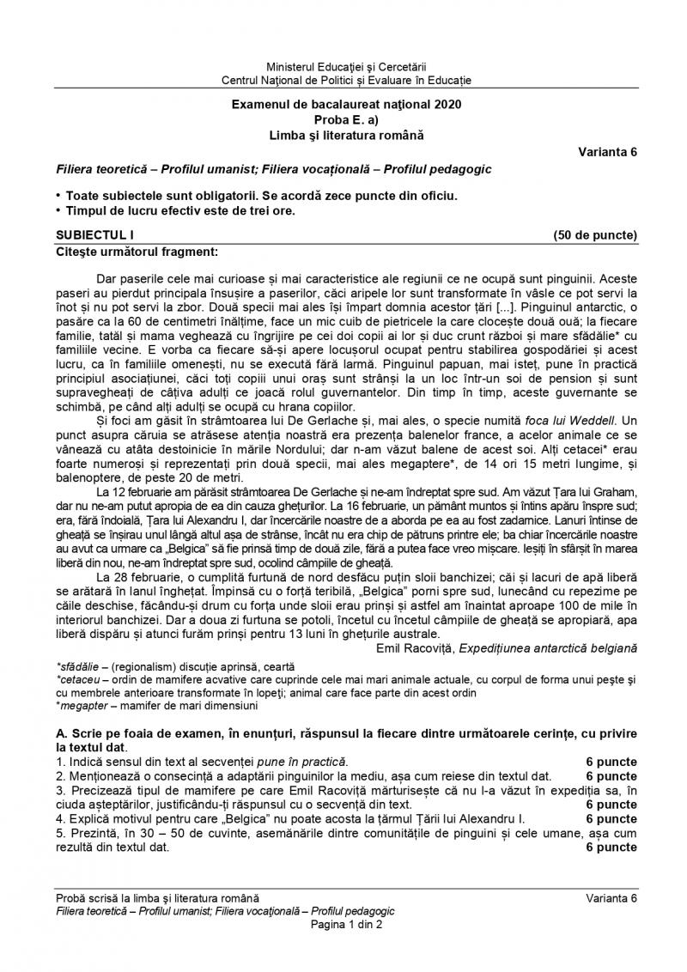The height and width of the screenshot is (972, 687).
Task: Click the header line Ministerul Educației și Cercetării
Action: pos(346,67)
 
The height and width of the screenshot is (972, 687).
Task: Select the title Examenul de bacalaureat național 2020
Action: pos(346,106)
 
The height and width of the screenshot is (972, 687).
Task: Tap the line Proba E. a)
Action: pos(346,120)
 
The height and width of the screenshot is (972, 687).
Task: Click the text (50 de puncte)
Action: pos(596,234)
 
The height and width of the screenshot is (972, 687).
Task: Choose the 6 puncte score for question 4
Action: pos(611,818)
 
